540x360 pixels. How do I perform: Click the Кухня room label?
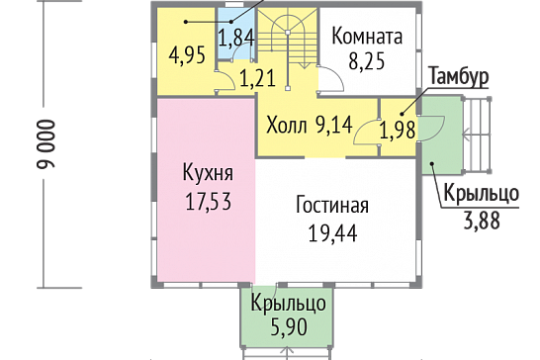[x=208, y=172]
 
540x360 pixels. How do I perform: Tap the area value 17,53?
[x=209, y=201]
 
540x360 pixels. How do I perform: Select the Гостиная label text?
[x=332, y=205]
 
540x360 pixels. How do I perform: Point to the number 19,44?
[x=332, y=233]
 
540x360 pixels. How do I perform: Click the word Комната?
[x=367, y=36]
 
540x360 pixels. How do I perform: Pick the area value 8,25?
[x=366, y=61]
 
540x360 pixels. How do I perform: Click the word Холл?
[x=287, y=125]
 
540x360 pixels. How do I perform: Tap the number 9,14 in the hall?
[x=333, y=125]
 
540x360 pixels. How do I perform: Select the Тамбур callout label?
[x=459, y=76]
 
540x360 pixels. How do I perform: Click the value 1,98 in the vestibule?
[x=397, y=130]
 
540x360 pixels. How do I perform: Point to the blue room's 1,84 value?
[x=236, y=38]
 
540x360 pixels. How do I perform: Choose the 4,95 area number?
[x=187, y=55]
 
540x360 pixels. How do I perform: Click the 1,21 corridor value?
[x=257, y=78]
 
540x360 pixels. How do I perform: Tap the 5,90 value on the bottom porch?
[x=289, y=327]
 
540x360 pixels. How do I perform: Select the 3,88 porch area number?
[x=482, y=221]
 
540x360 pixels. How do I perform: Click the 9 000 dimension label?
[x=45, y=144]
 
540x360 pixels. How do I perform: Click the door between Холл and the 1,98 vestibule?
[x=367, y=132]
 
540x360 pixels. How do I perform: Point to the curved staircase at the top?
[x=288, y=38]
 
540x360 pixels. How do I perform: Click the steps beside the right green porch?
[x=477, y=135]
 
